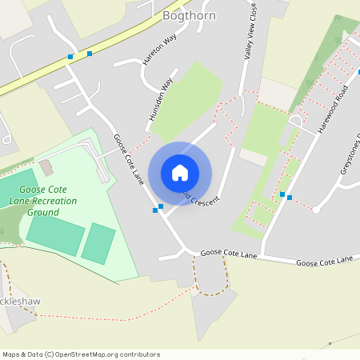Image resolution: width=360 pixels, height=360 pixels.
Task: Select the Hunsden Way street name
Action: click(160, 100)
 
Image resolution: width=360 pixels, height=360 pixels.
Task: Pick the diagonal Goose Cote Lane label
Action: click(127, 159)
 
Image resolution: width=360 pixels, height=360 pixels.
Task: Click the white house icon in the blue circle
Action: click(180, 172)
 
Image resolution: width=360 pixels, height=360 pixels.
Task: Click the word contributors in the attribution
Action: click(136, 354)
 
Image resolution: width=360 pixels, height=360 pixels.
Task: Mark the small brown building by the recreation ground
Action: click(45, 167)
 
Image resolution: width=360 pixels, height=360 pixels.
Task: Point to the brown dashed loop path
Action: click(210, 276)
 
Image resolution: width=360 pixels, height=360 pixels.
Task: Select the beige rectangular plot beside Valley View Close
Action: click(277, 94)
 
